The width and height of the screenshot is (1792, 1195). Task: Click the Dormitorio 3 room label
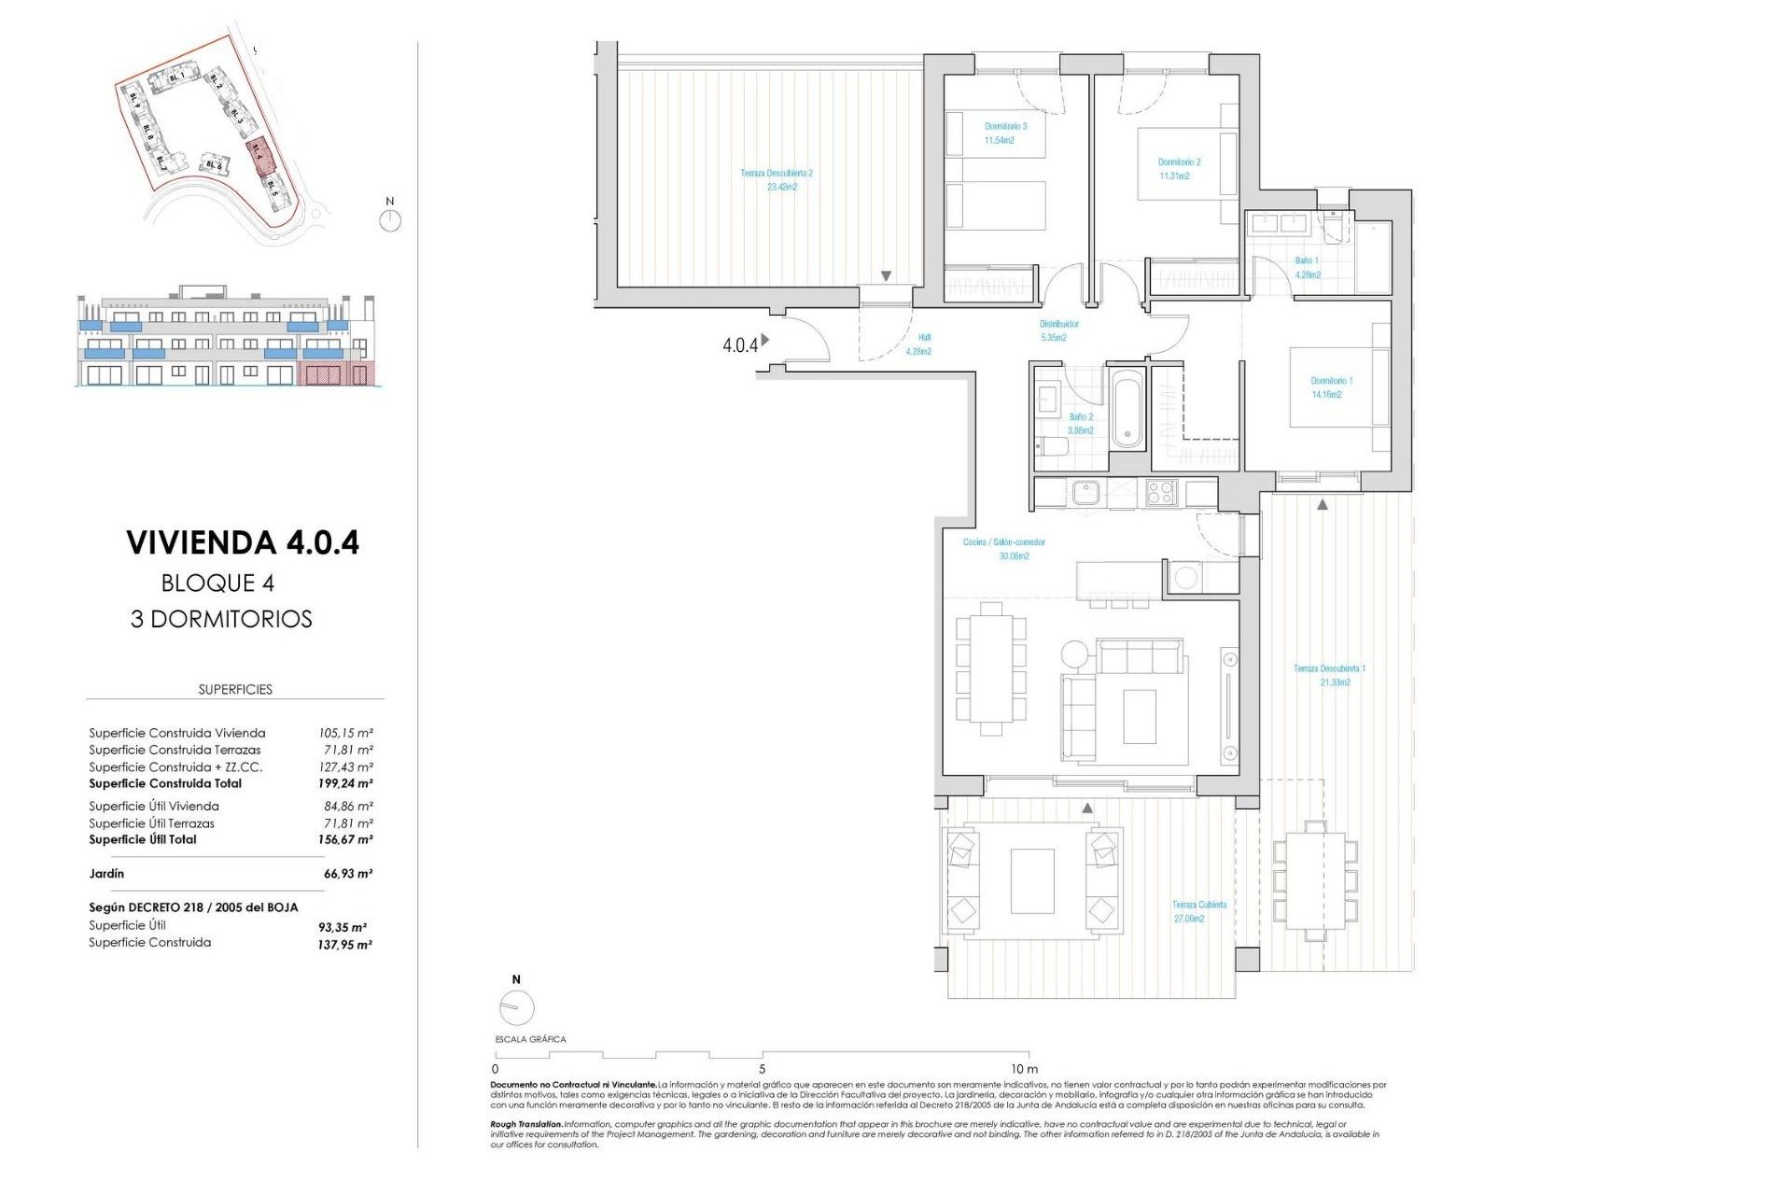coord(1005,126)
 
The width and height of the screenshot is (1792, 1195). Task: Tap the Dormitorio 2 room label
coord(1179,162)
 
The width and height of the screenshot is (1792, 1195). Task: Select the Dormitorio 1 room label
coord(1331,381)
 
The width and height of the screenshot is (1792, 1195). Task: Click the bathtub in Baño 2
coord(1127,409)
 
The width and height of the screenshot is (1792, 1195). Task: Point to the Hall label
coord(924,338)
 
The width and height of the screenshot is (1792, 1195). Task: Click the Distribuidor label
coord(1058,324)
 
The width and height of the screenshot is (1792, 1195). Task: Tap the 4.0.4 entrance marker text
coord(740,345)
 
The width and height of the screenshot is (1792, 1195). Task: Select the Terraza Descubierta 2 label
coord(777,174)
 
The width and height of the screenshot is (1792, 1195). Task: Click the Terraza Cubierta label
coord(1199,905)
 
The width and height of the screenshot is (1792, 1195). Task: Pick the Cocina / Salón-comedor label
coord(1003,542)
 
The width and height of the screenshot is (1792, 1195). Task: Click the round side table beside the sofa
coord(1074,654)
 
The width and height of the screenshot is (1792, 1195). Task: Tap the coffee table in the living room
coord(1139,716)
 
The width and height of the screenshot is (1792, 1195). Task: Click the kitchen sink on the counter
coord(1085,492)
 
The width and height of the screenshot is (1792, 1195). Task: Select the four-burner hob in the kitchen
coord(1161,492)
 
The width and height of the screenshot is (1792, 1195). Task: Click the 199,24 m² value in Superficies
coord(345,784)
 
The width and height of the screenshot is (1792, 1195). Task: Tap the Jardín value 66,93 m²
coord(347,874)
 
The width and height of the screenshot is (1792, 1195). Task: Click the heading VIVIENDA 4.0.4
coord(243,542)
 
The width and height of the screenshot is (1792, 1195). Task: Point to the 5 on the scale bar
coord(762,1069)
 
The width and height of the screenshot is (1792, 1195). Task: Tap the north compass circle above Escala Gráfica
coord(516,1007)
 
